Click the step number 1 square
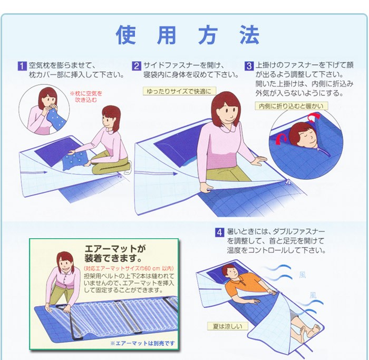(x=22, y=66)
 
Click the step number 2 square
(x=136, y=66)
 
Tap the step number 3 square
(x=249, y=66)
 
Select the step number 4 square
(x=220, y=232)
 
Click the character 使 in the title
(x=126, y=35)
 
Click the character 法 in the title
(x=250, y=35)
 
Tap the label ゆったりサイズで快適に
(x=179, y=91)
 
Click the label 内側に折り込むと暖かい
(x=291, y=106)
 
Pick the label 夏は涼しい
(x=227, y=326)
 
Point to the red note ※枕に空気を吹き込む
(x=86, y=96)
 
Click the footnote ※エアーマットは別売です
(x=143, y=343)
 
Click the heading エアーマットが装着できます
(x=115, y=253)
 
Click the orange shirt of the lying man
(x=240, y=284)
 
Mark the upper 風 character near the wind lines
(x=303, y=275)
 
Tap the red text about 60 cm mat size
(x=129, y=268)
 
